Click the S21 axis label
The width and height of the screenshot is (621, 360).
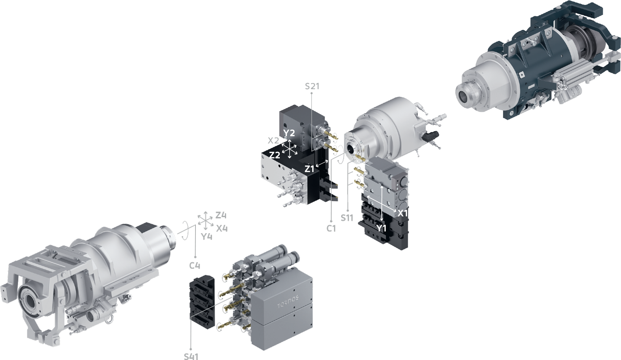pos(312,87)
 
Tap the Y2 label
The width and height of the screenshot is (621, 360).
pos(289,133)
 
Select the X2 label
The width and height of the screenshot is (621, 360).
pos(273,140)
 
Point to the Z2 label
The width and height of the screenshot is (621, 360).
pos(275,155)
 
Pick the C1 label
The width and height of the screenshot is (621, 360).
pos(331,229)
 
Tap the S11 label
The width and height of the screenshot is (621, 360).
pos(347,218)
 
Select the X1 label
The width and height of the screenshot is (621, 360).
pos(403,213)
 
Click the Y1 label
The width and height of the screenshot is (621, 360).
pos(381,228)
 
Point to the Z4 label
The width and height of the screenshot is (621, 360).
pos(221,215)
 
